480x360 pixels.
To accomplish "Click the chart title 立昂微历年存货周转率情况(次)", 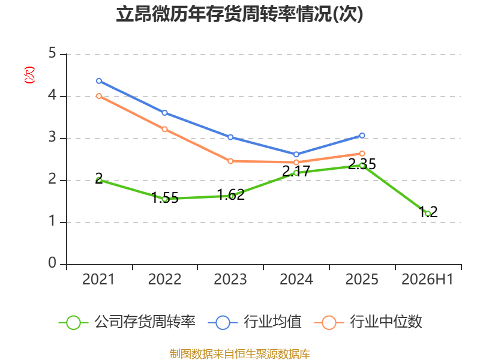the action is [239, 14].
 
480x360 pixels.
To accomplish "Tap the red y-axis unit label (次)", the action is [29, 75].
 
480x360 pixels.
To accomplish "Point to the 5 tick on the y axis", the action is [52, 53].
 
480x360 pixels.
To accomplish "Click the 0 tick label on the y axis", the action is [52, 263].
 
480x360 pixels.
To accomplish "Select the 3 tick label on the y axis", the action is [52, 137].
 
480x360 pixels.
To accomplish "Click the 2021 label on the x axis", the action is [98, 280].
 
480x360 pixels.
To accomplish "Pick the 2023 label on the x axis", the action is [230, 280].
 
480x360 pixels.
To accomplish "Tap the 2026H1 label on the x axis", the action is [427, 280].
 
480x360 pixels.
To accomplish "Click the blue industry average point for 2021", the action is [99, 81].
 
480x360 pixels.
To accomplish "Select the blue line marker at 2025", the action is [362, 136].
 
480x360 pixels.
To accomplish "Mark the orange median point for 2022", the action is [164, 129].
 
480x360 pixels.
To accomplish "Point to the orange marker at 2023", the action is [230, 161].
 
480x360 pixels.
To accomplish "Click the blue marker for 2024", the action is [296, 154].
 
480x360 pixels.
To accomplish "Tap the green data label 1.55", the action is [165, 198].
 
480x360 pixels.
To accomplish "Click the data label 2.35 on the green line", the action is [362, 164].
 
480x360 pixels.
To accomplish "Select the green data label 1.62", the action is [231, 194].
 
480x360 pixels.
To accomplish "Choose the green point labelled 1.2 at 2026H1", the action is [428, 214].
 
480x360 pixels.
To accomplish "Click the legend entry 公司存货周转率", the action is [127, 322].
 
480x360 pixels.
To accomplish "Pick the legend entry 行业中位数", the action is [368, 322].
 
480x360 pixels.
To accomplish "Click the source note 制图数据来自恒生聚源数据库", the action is [240, 354].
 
